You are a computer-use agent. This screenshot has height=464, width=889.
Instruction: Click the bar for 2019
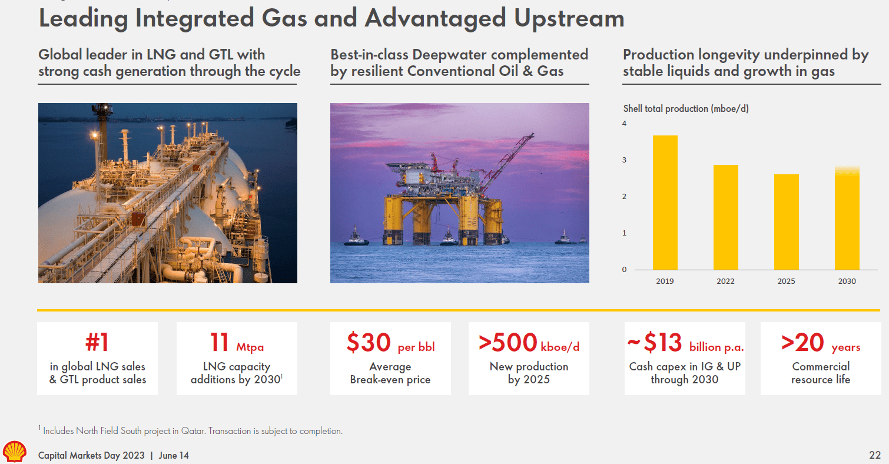pos(665,203)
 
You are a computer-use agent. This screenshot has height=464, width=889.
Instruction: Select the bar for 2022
pos(725,217)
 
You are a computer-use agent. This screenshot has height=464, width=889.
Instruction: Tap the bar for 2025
pos(786,222)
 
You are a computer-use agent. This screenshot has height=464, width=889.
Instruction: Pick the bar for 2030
pos(847,218)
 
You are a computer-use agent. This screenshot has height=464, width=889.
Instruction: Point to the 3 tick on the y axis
pos(624,160)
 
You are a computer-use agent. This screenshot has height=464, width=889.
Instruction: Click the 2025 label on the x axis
pos(786,281)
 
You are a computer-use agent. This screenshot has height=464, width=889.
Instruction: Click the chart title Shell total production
pos(686,109)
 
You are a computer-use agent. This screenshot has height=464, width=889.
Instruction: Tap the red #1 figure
pos(97,343)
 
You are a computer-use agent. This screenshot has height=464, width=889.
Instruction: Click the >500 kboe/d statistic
pos(529,343)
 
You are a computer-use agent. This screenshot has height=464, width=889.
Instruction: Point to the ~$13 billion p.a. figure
pos(685,343)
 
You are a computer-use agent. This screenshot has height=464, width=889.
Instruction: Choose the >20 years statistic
pos(820,343)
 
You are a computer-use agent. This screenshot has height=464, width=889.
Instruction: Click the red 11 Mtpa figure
pos(237,343)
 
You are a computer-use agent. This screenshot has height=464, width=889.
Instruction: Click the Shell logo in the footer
pos(15,451)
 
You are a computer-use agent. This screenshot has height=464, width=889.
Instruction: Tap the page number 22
pos(875,455)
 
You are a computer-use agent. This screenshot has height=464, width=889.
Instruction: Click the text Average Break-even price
pos(390,373)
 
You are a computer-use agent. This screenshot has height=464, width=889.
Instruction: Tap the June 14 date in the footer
pos(174,456)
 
